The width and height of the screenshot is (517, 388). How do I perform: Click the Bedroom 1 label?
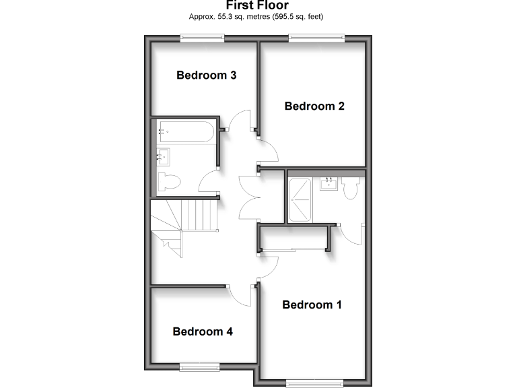(312, 305)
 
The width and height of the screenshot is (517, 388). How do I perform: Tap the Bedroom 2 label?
(314, 106)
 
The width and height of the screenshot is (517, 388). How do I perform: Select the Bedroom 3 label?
(206, 75)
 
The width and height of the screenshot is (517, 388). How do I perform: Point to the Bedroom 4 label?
(203, 331)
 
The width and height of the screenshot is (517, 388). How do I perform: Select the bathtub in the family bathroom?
(185, 131)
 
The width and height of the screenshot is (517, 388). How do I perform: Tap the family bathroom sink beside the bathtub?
(163, 157)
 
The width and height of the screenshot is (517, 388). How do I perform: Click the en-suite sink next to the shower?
(329, 183)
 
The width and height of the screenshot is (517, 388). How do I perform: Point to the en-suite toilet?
(349, 188)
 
